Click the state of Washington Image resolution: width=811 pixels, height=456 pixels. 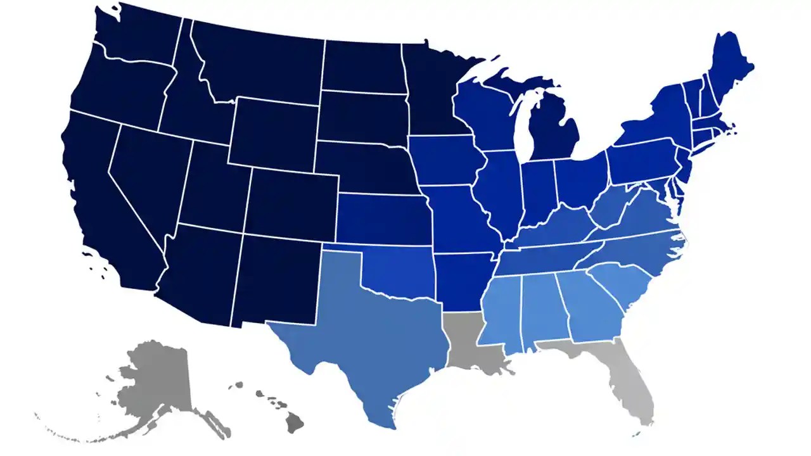click(136, 38)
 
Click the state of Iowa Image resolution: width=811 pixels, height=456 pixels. click(447, 161)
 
